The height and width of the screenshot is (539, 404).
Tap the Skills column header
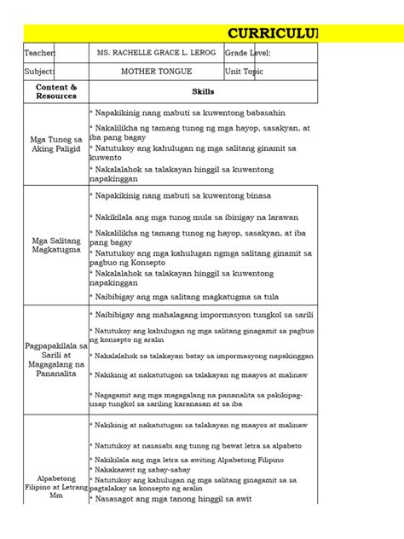204,91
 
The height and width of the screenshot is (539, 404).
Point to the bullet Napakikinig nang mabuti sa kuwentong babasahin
188,113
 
